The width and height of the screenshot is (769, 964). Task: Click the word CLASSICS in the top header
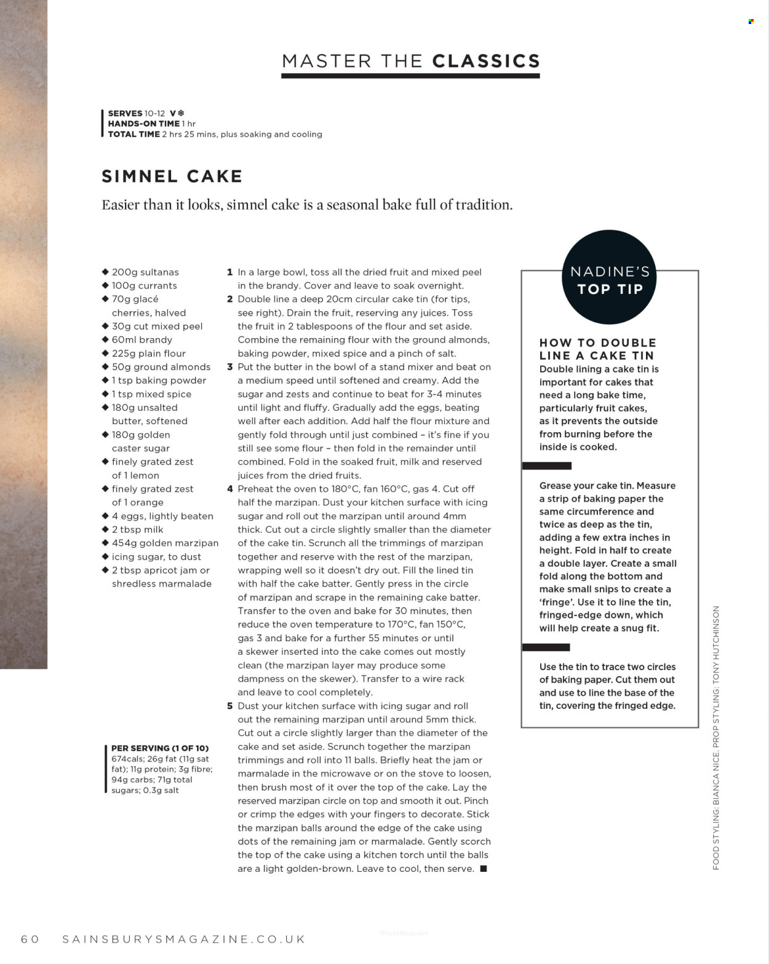[486, 61]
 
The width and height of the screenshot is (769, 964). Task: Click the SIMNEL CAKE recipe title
[172, 176]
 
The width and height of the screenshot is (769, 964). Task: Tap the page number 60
[30, 939]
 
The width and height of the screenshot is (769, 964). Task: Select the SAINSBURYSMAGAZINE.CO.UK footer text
[184, 939]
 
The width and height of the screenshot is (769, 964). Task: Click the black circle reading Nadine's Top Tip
[609, 277]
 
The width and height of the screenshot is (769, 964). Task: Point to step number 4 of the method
[229, 489]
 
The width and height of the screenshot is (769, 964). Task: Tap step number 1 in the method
[229, 272]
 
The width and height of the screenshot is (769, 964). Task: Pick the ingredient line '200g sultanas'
[145, 272]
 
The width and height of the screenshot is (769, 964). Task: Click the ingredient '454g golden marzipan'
[165, 543]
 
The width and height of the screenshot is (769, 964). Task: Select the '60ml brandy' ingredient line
[141, 339]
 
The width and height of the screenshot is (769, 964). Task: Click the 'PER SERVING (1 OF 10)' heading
[160, 748]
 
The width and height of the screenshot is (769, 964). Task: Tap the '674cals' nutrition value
[127, 759]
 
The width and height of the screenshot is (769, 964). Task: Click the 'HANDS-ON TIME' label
[144, 124]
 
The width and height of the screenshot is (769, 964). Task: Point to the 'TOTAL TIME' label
[133, 134]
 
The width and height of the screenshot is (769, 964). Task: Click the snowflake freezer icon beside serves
[181, 113]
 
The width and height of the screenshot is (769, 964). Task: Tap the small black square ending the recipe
[484, 869]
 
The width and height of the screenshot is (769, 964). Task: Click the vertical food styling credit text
[715, 738]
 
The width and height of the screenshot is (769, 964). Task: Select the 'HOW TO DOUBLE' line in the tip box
[597, 342]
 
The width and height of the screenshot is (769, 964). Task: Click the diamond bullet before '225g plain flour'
[105, 353]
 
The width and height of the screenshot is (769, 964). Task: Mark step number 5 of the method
[229, 706]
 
